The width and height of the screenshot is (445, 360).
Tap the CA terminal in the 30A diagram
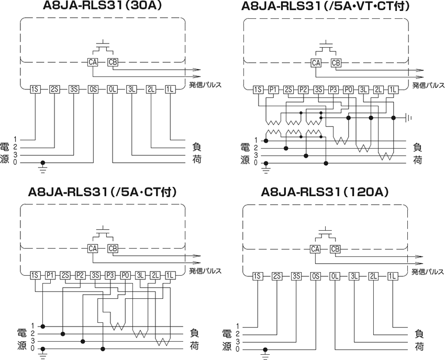click(x=93, y=62)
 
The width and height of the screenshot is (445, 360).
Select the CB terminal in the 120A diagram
click(x=336, y=249)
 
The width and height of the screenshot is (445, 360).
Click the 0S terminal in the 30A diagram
click(x=93, y=89)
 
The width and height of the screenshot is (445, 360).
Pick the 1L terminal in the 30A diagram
click(x=171, y=89)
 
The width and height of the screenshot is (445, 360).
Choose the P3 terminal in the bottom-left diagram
click(x=110, y=275)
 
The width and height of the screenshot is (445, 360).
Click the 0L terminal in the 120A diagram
click(x=335, y=276)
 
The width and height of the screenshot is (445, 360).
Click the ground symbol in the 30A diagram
click(x=43, y=168)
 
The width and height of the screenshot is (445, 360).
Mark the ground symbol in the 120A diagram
click(x=266, y=355)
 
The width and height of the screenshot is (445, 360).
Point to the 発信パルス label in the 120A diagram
click(x=428, y=272)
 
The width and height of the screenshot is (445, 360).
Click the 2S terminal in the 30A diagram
click(x=54, y=89)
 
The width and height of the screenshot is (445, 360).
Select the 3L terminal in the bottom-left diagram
click(x=140, y=275)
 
